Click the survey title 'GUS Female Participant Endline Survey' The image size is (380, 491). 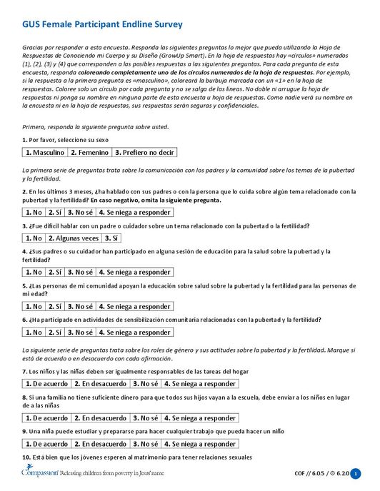point(102,25)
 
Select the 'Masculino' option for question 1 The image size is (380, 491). point(44,153)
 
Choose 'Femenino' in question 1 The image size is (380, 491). point(89,153)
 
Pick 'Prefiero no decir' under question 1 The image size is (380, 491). point(144,153)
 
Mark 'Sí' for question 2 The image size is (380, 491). point(55,212)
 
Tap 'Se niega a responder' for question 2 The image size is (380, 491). point(134,212)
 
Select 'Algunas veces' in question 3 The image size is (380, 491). point(74,238)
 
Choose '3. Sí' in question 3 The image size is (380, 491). point(111,238)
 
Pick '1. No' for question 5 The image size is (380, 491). point(34,306)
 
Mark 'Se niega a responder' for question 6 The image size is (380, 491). point(134,332)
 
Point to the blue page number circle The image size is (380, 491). point(356,473)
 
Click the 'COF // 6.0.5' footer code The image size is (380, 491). point(311,473)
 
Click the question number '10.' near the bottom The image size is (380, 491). point(26,457)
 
